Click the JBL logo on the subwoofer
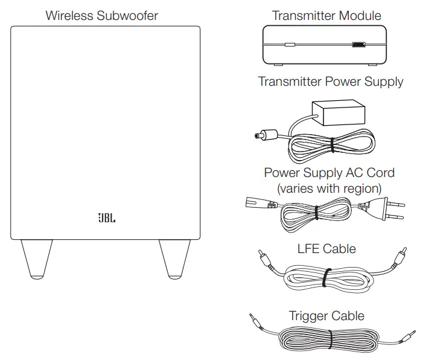[x=106, y=217]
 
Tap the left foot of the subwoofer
[x=37, y=258]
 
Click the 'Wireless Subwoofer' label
[x=102, y=15]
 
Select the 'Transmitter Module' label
[x=326, y=15]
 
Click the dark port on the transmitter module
[x=358, y=44]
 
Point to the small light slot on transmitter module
[x=290, y=44]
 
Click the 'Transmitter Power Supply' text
[x=331, y=81]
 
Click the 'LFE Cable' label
[x=326, y=248]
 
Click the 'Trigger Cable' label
[x=326, y=315]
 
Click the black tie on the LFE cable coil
[x=325, y=278]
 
